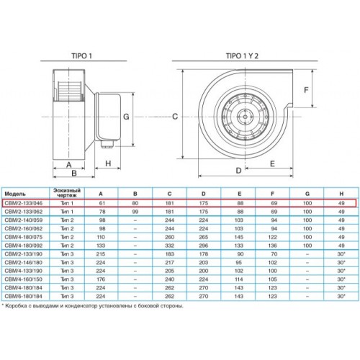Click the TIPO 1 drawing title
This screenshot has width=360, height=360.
[x=81, y=56]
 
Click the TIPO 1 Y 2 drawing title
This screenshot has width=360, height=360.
[x=242, y=56]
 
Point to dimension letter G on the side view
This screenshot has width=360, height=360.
[x=126, y=117]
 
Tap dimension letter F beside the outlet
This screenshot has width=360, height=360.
[x=306, y=90]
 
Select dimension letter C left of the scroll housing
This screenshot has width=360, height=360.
[x=175, y=117]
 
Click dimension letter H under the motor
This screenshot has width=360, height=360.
[x=108, y=163]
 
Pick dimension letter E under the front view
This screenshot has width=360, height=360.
[x=272, y=163]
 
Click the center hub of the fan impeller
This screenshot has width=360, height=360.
[x=245, y=117]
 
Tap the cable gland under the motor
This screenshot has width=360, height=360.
[x=107, y=145]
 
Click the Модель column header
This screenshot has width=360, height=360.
[x=15, y=194]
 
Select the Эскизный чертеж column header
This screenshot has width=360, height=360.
[x=67, y=193]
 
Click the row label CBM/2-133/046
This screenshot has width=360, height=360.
[x=24, y=203]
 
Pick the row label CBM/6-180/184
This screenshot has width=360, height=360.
[x=24, y=297]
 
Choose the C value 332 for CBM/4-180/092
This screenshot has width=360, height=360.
[x=169, y=246]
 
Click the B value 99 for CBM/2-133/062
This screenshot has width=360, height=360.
[x=135, y=212]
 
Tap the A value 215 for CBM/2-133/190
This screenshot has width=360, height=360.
[x=101, y=254]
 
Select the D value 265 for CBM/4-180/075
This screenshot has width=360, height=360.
[x=204, y=237]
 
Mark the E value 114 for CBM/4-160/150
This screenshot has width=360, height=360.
[x=239, y=279]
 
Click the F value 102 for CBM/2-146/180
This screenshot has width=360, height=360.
[x=273, y=263]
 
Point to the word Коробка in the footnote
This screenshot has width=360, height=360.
[x=15, y=306]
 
